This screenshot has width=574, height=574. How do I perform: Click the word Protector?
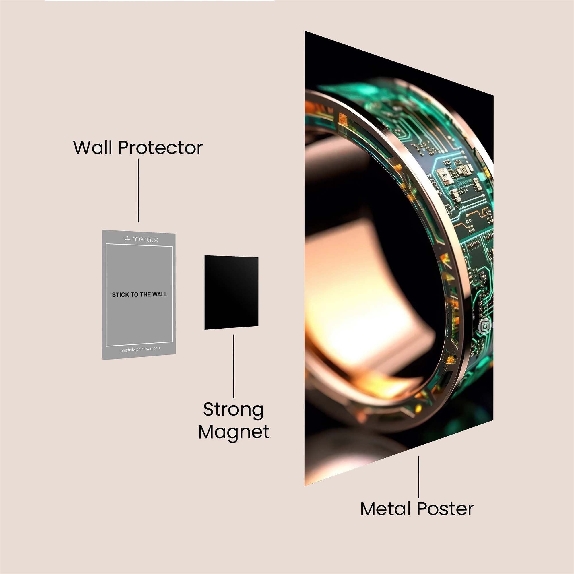(160, 148)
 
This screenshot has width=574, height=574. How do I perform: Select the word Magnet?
(234, 432)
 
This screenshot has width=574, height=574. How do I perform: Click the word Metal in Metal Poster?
(386, 509)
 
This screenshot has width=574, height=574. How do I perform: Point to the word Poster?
(445, 509)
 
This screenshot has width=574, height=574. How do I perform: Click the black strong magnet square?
(231, 292)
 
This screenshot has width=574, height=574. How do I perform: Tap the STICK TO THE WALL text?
(139, 295)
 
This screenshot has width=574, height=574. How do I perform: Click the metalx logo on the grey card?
(140, 239)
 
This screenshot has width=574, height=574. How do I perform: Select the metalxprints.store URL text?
(140, 349)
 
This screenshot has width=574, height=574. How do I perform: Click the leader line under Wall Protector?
(138, 191)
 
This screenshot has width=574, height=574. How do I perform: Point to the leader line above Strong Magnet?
(234, 366)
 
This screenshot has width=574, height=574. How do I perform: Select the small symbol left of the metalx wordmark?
(126, 239)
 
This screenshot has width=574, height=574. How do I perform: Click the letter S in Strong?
(209, 410)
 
